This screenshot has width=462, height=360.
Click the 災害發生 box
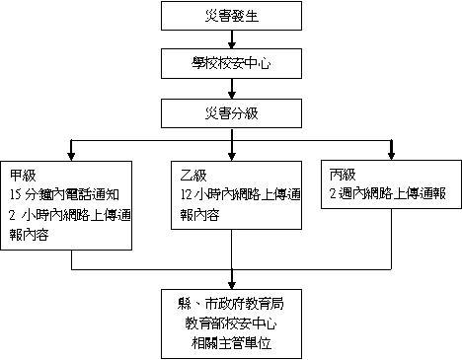[x=231, y=16]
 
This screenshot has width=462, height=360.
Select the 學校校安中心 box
[x=231, y=63]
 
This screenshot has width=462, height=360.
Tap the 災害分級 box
[x=231, y=113]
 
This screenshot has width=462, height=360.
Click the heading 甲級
[x=23, y=176]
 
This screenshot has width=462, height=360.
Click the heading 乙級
[x=193, y=176]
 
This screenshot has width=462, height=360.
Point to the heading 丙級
[x=343, y=175]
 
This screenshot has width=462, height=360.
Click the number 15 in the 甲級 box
[x=15, y=195]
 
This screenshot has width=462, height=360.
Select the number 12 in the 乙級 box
[x=186, y=195]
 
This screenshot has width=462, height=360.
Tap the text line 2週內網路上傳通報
[x=388, y=193]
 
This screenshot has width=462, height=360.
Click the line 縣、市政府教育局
[x=231, y=304]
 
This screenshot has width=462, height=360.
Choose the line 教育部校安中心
[x=231, y=324]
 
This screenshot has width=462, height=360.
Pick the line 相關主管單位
[x=231, y=343]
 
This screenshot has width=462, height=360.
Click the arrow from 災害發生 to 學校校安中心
[x=232, y=39]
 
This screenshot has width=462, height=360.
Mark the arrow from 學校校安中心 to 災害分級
[x=232, y=89]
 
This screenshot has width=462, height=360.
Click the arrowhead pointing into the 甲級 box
[x=71, y=156]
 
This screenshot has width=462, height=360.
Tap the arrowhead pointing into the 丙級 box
[x=391, y=156]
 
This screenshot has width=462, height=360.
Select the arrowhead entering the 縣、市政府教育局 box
[x=232, y=285]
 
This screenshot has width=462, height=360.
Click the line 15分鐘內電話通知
[x=64, y=195]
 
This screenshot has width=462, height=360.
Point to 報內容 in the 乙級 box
[x=199, y=215]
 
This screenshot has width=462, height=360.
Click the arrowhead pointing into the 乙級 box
[x=232, y=156]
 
